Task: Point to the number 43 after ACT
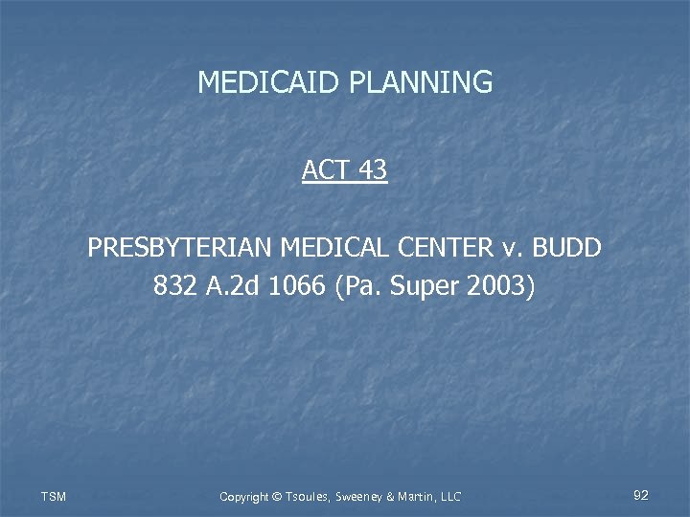(x=373, y=170)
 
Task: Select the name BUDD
(x=568, y=249)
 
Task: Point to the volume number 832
(x=174, y=285)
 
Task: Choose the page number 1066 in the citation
(x=299, y=285)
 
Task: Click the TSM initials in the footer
(x=53, y=496)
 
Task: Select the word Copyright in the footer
(x=244, y=496)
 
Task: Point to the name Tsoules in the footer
(x=308, y=496)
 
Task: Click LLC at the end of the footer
(x=448, y=496)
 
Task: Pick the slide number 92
(x=641, y=495)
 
